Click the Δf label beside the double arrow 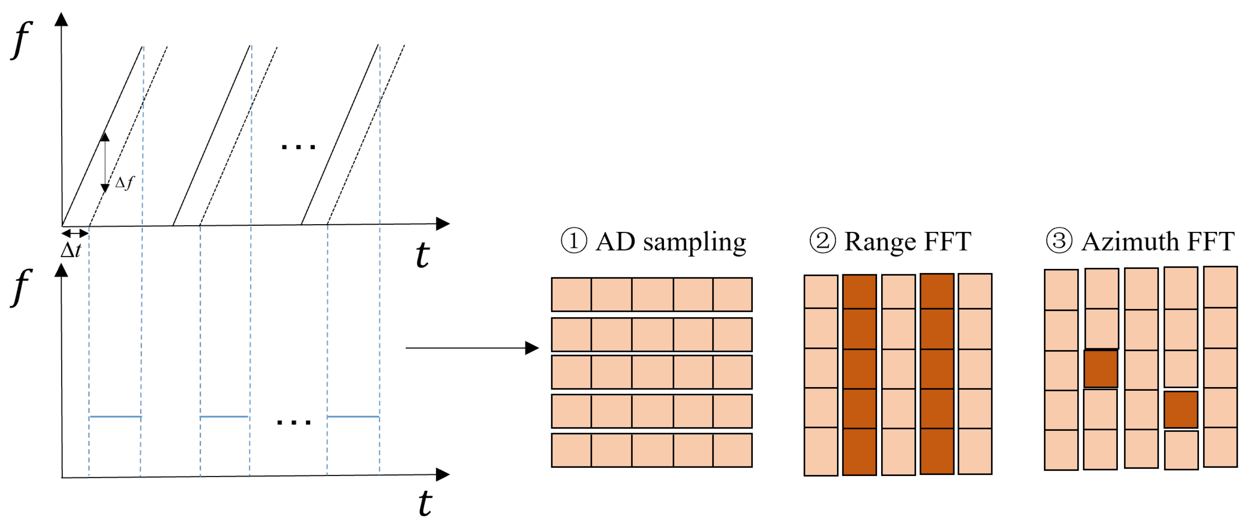coord(124,183)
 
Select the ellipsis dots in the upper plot coord(298,147)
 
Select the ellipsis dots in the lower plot coord(293,422)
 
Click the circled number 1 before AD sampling coord(574,241)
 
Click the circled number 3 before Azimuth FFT coord(1059,241)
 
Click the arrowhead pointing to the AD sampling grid coord(532,348)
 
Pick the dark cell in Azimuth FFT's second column coord(1101,369)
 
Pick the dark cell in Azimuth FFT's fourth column coord(1180,409)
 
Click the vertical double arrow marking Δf coord(105,162)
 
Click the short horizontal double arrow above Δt coord(75,233)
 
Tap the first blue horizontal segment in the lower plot coord(115,416)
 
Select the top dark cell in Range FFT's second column coord(859,291)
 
